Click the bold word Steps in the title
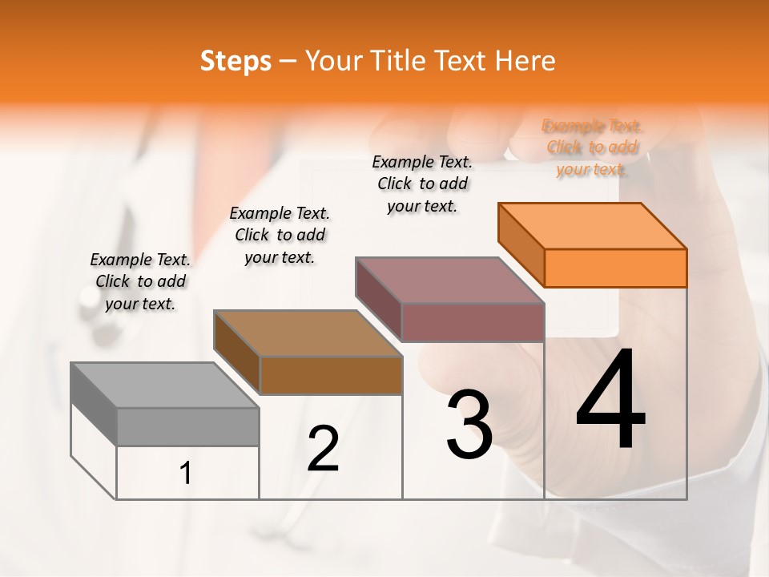click(236, 61)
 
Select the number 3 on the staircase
click(469, 426)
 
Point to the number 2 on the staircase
click(323, 449)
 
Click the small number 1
click(186, 474)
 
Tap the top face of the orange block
click(593, 225)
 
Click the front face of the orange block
click(615, 268)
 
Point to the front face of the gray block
click(187, 426)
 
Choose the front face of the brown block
click(331, 375)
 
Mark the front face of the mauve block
click(473, 322)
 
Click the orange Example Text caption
click(592, 147)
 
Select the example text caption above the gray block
click(140, 281)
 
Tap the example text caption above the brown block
click(280, 235)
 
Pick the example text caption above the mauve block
click(422, 184)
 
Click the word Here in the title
click(525, 61)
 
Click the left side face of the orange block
click(521, 244)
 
